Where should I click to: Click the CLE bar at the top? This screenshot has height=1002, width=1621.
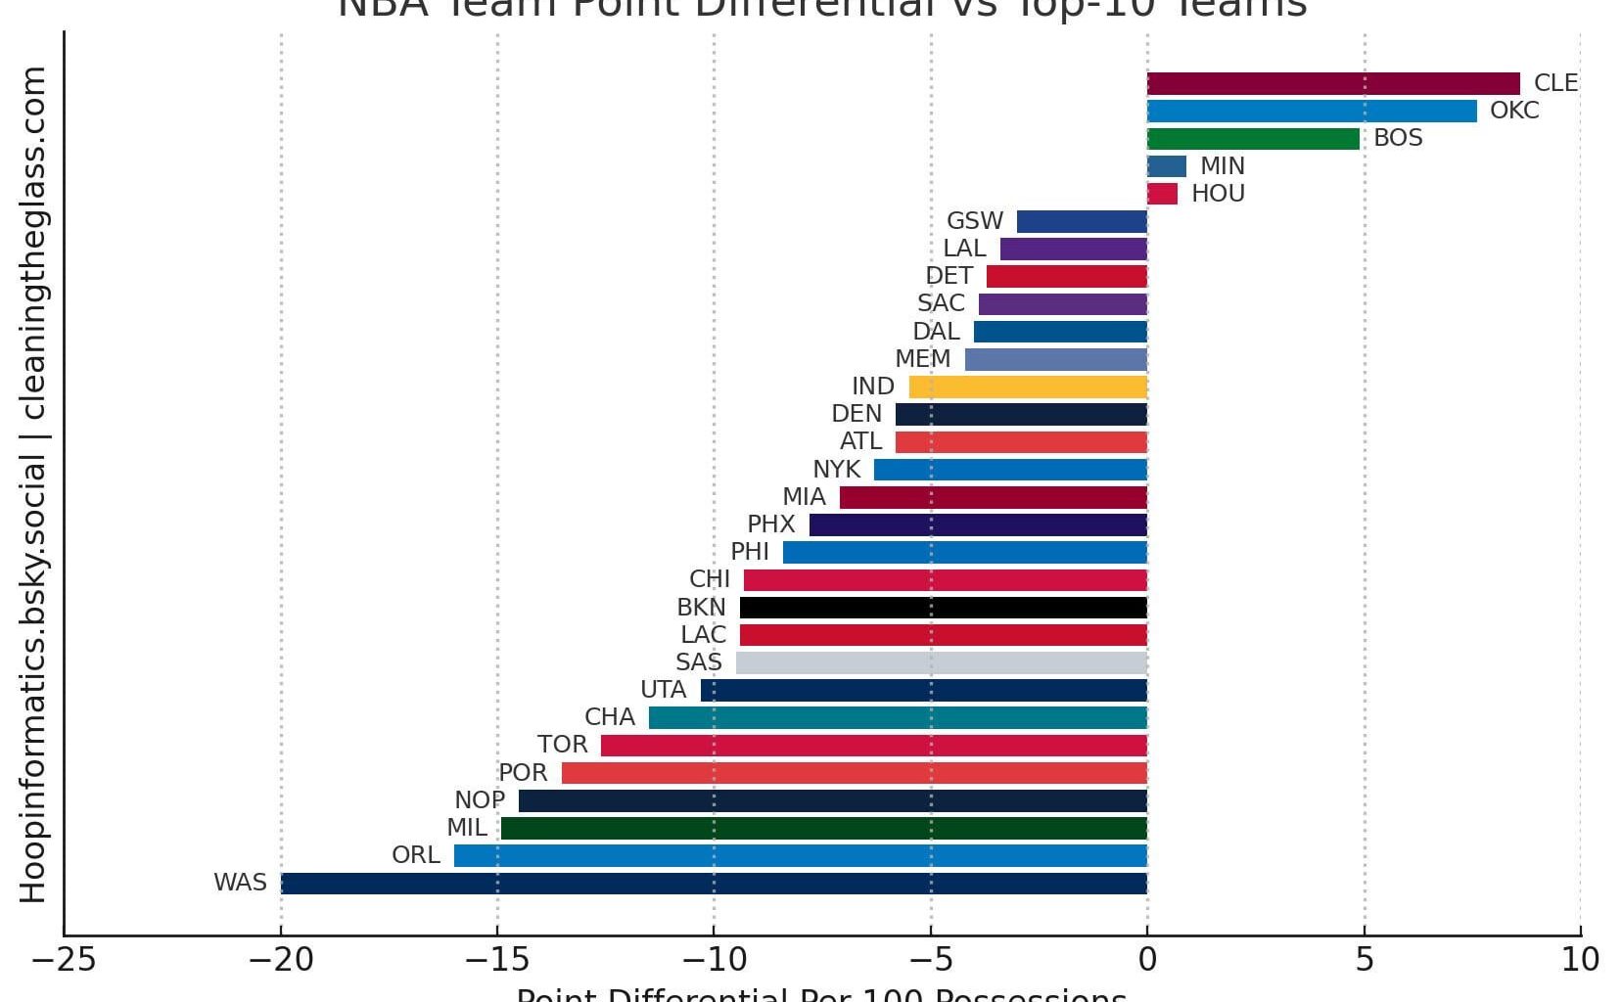1333,83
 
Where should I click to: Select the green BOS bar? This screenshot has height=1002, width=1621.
1253,138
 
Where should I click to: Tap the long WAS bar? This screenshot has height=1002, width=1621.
714,883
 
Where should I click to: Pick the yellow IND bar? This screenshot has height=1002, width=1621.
1028,387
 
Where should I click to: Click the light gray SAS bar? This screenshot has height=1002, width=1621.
941,662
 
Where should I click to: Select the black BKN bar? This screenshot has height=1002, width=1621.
943,608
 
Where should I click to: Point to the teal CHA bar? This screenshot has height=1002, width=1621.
898,718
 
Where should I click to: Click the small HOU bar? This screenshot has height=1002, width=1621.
1162,194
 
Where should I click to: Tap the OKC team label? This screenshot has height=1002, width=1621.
1513,111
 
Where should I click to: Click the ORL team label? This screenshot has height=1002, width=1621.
415,855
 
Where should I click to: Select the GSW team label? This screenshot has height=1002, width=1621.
974,221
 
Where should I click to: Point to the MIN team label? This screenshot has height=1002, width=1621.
1222,166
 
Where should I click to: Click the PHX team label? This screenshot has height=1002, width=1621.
770,524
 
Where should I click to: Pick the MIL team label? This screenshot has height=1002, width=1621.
466,828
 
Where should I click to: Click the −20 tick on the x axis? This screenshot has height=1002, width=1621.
281,960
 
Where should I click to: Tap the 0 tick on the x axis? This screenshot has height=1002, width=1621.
1147,960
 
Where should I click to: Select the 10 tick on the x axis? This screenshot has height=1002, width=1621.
1580,960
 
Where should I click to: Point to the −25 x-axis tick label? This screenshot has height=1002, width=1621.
64,960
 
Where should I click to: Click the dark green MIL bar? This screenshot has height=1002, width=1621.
823,829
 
